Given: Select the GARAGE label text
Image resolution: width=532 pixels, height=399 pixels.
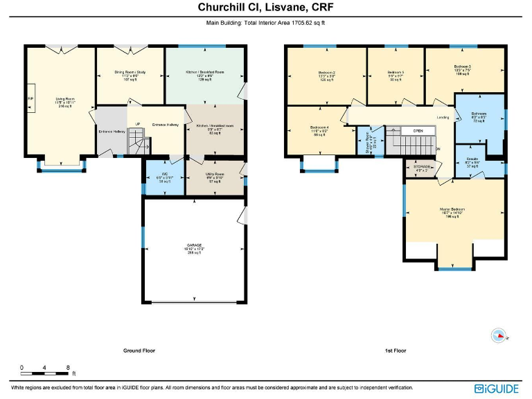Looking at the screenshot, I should click(194, 245).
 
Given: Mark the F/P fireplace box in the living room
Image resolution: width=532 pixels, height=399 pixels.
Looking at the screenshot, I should click(30, 98).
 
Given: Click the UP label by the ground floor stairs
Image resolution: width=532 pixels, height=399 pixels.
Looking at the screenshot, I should click(138, 124).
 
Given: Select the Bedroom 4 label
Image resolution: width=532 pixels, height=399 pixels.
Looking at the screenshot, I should click(319, 127).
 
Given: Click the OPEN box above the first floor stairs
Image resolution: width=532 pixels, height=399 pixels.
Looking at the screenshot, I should click(418, 130).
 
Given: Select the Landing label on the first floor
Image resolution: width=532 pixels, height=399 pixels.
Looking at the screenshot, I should click(443, 118).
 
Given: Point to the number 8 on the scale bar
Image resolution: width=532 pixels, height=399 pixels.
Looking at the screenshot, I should click(67, 366).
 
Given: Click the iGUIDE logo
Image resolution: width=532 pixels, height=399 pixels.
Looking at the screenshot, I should click(497, 389).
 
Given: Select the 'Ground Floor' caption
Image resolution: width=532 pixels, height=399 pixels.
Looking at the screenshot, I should click(139, 351).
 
